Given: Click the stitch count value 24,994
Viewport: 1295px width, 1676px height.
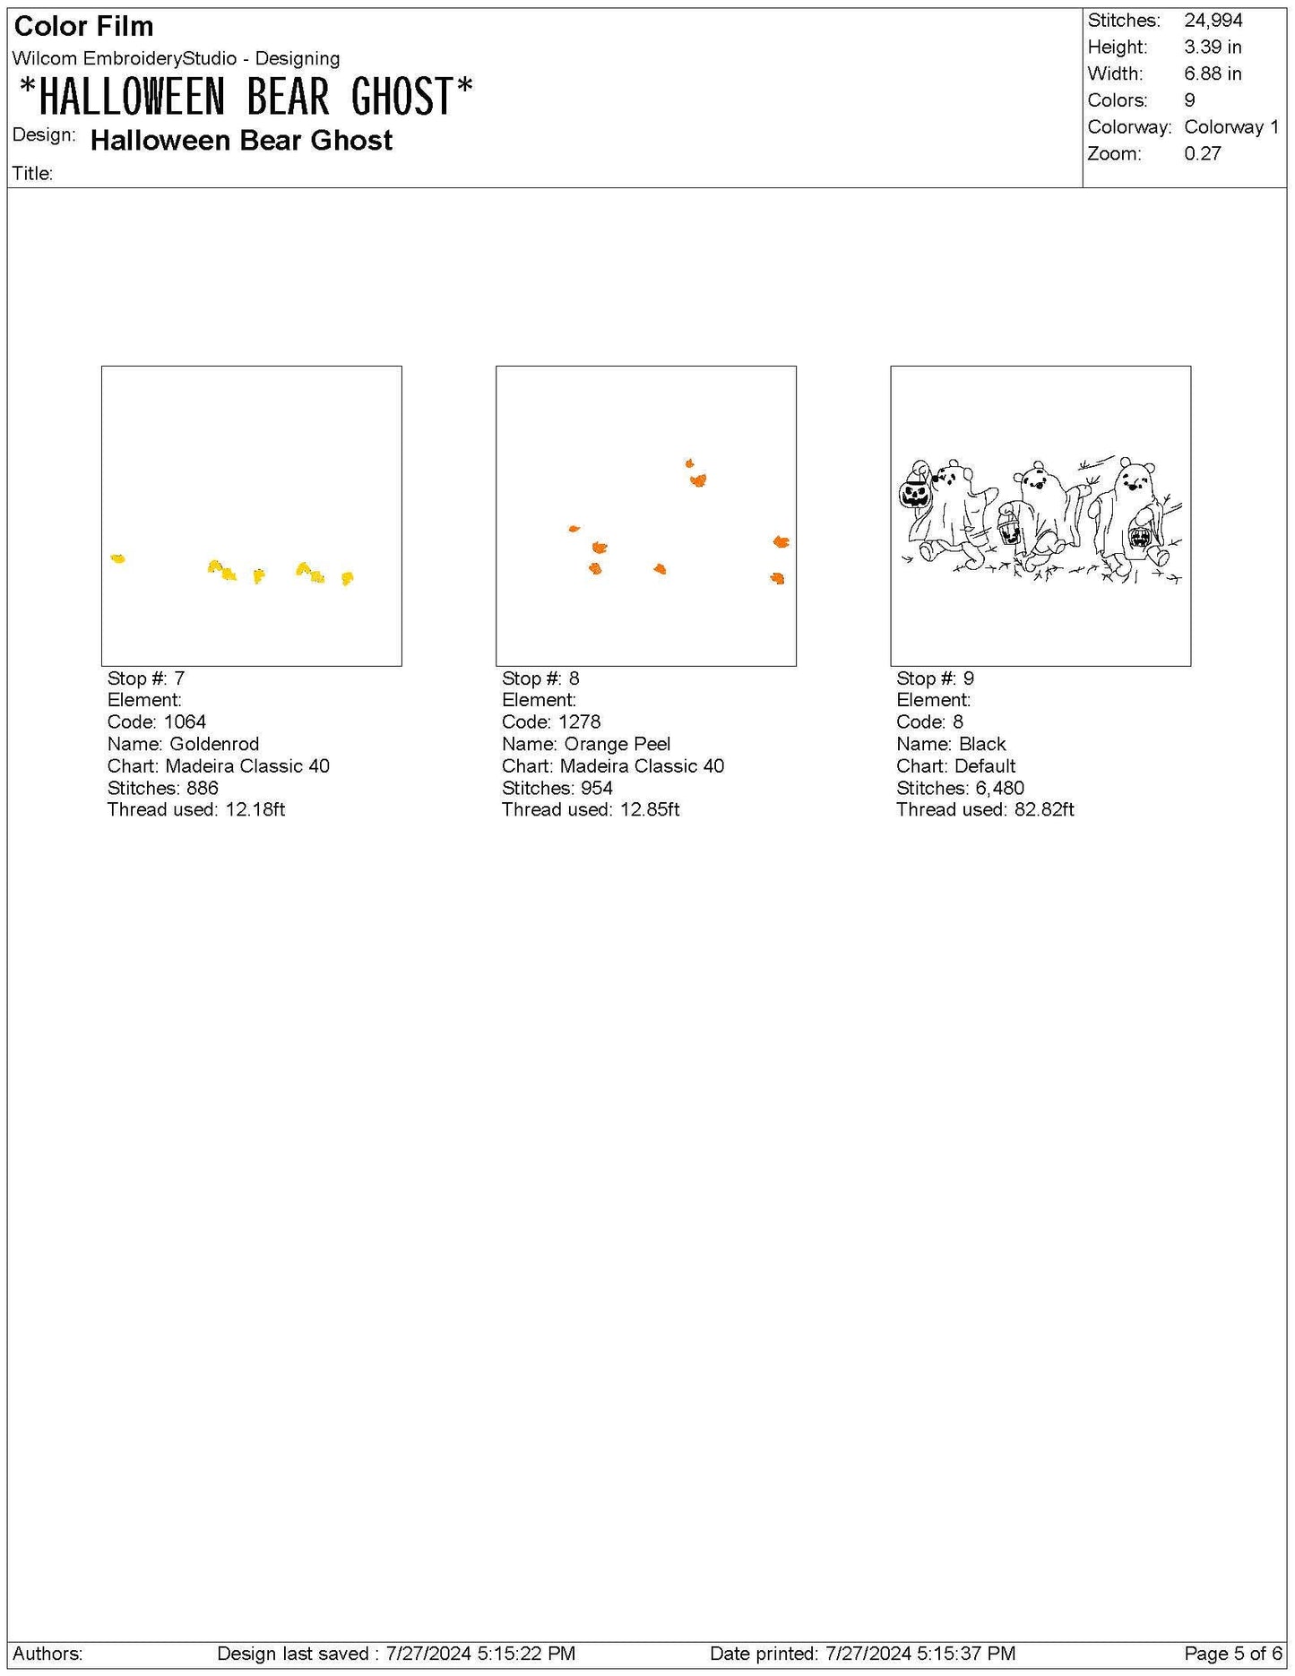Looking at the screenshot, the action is pos(1213,21).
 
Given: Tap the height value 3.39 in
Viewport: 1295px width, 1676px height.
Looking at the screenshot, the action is pos(1213,47).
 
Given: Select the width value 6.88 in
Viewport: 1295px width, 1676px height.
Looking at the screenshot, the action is pos(1213,73).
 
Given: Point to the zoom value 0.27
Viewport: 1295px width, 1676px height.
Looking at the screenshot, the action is pos(1203,153).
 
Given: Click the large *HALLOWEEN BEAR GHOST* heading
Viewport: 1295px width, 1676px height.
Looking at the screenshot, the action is pos(246,97).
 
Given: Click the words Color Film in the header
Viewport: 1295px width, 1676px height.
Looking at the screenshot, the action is pos(83,26).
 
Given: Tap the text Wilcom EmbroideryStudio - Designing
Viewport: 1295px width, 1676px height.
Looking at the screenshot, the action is pos(176,58).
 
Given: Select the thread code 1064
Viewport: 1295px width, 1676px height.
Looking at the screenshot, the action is pos(186,721).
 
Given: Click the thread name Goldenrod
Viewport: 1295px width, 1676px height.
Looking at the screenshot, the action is pos(214,744).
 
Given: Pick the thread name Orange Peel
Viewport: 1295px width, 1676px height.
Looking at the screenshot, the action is pos(617,744).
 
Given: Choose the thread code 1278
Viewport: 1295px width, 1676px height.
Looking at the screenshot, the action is pos(580,721).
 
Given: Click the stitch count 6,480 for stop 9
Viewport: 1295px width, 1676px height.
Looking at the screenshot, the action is pos(999,788).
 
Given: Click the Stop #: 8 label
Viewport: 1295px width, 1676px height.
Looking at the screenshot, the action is pos(540,678).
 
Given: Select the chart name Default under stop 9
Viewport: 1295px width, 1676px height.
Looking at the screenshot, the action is pos(985,765).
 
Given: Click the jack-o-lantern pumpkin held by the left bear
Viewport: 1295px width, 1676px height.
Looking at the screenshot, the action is pos(915,493).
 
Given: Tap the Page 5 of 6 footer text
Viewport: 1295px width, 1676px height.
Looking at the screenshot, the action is pos(1233,1653).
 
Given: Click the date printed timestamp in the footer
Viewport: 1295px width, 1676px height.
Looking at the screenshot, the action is pos(920,1653).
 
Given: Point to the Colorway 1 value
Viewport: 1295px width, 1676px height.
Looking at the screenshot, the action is pos(1231,126).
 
